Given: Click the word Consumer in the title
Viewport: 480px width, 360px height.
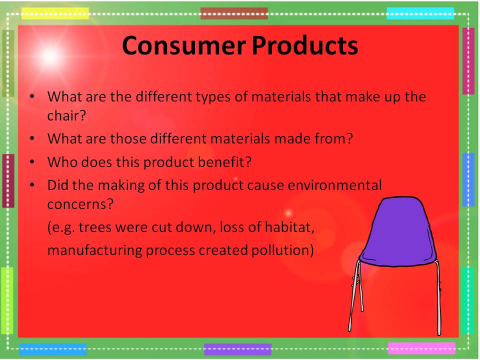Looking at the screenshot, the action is (x=184, y=45).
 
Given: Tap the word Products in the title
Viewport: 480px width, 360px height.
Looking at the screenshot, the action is (x=305, y=45).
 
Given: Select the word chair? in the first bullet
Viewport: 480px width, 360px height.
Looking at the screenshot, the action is (x=66, y=115).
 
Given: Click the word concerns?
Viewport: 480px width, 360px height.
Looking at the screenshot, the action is (x=80, y=204).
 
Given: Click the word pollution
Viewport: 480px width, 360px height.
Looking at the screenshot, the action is (x=280, y=250).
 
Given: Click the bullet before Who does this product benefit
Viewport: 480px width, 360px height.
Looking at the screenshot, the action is (x=32, y=161).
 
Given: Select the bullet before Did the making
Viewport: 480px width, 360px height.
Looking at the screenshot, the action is (x=32, y=185).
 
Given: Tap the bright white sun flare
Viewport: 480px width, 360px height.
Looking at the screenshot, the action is (x=50, y=56).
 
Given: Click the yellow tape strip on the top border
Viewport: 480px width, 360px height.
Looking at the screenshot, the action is (x=55, y=13).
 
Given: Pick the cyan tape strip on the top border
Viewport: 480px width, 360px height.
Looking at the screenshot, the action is (x=420, y=13).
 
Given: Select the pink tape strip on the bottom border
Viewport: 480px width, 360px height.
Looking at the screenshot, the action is (x=421, y=348).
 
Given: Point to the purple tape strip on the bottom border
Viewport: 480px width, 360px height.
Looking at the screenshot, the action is (x=237, y=349).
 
